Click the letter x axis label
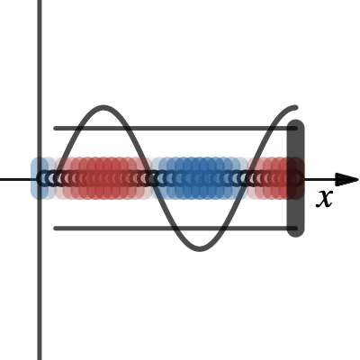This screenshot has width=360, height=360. (x=324, y=199)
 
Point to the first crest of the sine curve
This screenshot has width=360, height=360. (x=103, y=108)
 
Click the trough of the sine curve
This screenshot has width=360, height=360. (x=200, y=248)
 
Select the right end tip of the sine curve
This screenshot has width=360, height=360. (x=296, y=107)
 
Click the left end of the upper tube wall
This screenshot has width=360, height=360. (x=56, y=129)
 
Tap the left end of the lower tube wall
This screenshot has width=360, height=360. (x=56, y=229)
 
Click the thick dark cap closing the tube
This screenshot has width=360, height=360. (x=296, y=178)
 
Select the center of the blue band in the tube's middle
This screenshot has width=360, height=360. (x=200, y=178)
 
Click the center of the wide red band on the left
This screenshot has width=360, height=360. (x=103, y=178)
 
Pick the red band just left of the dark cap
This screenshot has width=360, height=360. (x=272, y=178)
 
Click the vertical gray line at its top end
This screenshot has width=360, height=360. (x=40, y=1)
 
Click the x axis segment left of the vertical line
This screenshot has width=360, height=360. (x=19, y=180)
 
